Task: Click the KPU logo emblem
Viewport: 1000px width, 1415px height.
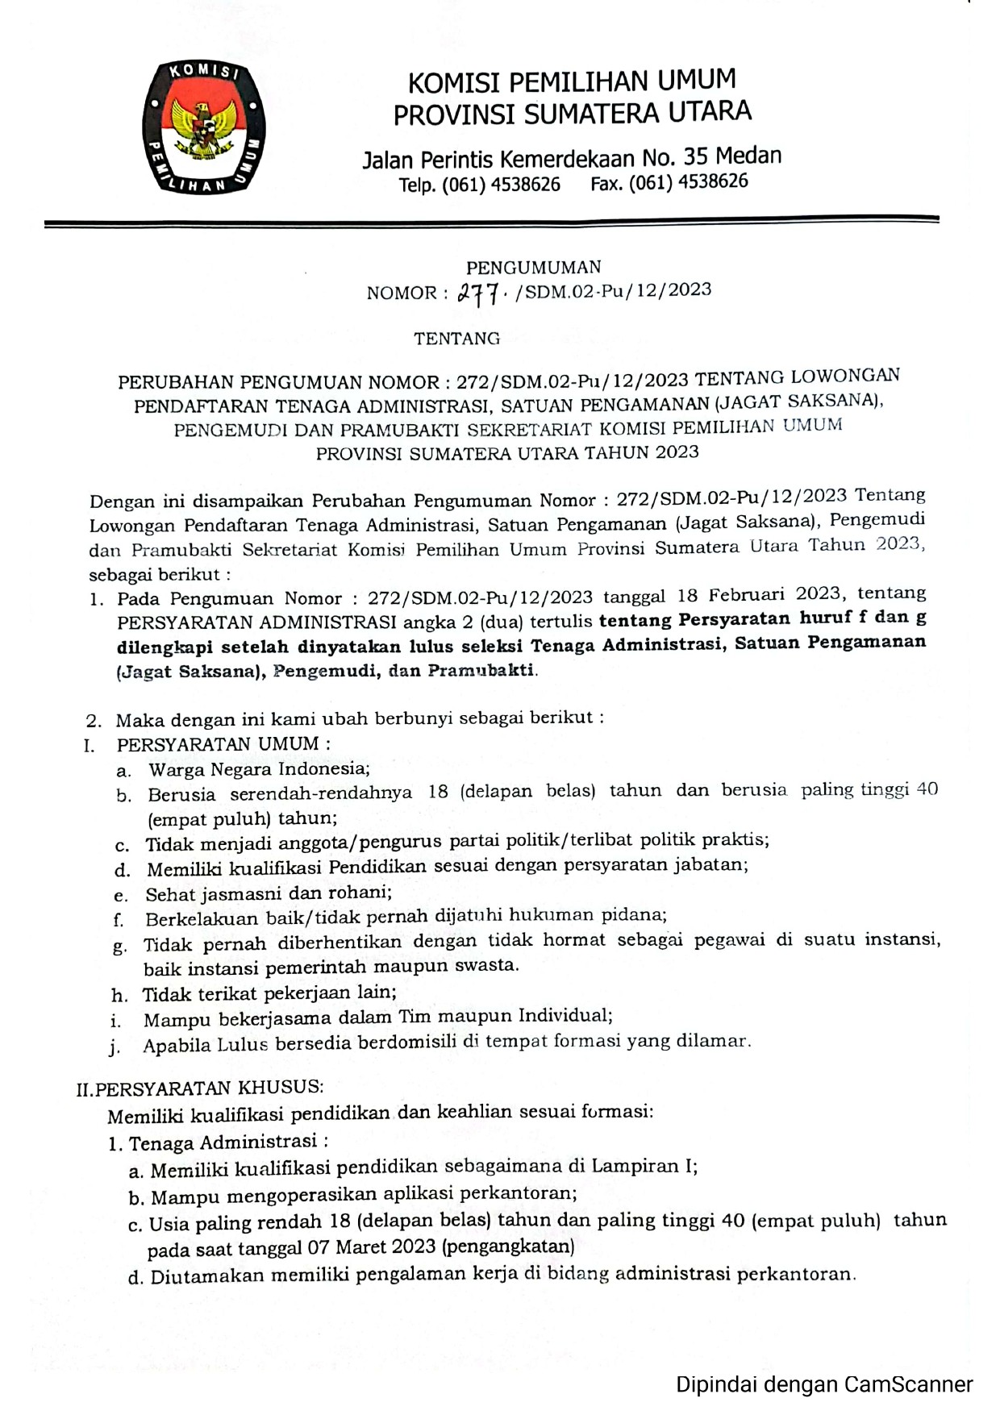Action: pyautogui.click(x=204, y=127)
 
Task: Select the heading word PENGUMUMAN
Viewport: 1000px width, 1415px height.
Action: pyautogui.click(x=534, y=268)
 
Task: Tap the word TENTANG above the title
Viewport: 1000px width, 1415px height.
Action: pyautogui.click(x=457, y=339)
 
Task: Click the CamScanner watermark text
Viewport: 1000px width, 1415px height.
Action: pyautogui.click(x=823, y=1385)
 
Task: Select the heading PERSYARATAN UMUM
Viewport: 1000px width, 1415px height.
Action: pyautogui.click(x=218, y=744)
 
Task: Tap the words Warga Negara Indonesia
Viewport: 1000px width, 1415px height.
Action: pyautogui.click(x=259, y=769)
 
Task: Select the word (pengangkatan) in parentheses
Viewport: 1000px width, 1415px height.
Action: pyautogui.click(x=509, y=1246)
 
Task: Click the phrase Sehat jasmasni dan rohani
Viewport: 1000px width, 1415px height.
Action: pyautogui.click(x=269, y=893)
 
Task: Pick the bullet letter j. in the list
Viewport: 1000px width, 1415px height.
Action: pyautogui.click(x=116, y=1047)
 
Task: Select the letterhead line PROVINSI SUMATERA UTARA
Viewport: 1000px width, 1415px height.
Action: pyautogui.click(x=572, y=113)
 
